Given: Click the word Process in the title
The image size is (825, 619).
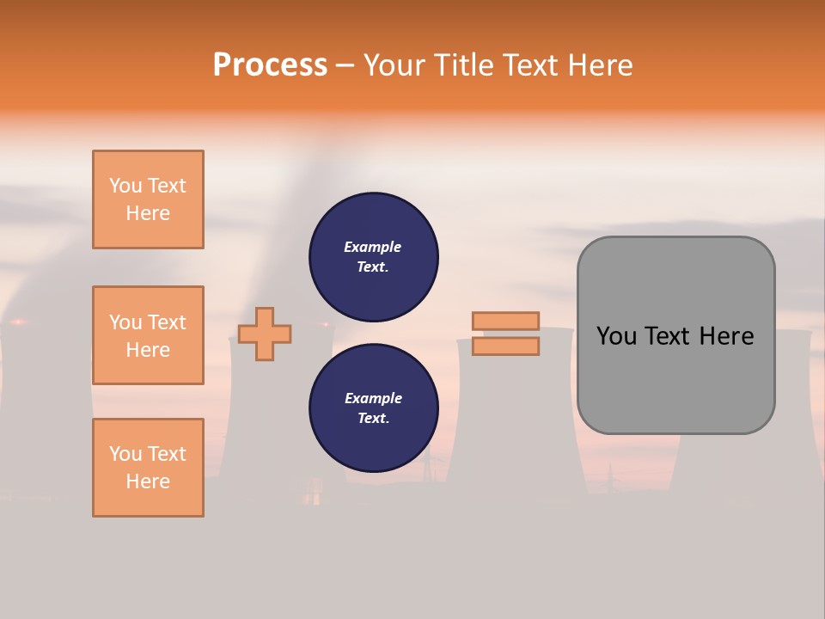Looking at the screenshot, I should [270, 65].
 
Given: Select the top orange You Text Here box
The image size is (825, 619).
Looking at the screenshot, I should [148, 199].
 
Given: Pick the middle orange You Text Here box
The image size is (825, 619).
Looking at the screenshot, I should [148, 335].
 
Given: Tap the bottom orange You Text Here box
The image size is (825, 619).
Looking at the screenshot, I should [148, 468].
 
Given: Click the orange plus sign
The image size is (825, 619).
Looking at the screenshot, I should [265, 334].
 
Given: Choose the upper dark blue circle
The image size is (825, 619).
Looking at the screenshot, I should [374, 257].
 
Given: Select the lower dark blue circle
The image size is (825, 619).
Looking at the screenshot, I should [374, 408].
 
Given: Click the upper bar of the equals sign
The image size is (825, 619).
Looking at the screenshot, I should [506, 321].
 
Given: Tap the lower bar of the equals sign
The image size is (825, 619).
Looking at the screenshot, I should [506, 346].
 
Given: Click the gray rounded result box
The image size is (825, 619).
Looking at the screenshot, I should [675, 378].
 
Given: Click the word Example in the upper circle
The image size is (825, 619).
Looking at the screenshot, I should [373, 247].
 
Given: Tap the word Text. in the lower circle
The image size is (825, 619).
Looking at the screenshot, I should [373, 419].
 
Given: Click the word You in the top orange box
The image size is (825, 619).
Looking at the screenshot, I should [125, 186].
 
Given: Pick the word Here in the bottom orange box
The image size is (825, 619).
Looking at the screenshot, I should [148, 481].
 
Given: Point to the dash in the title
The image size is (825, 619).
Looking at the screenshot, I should [345, 66].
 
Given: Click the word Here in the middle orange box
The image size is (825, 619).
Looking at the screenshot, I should [148, 350].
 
